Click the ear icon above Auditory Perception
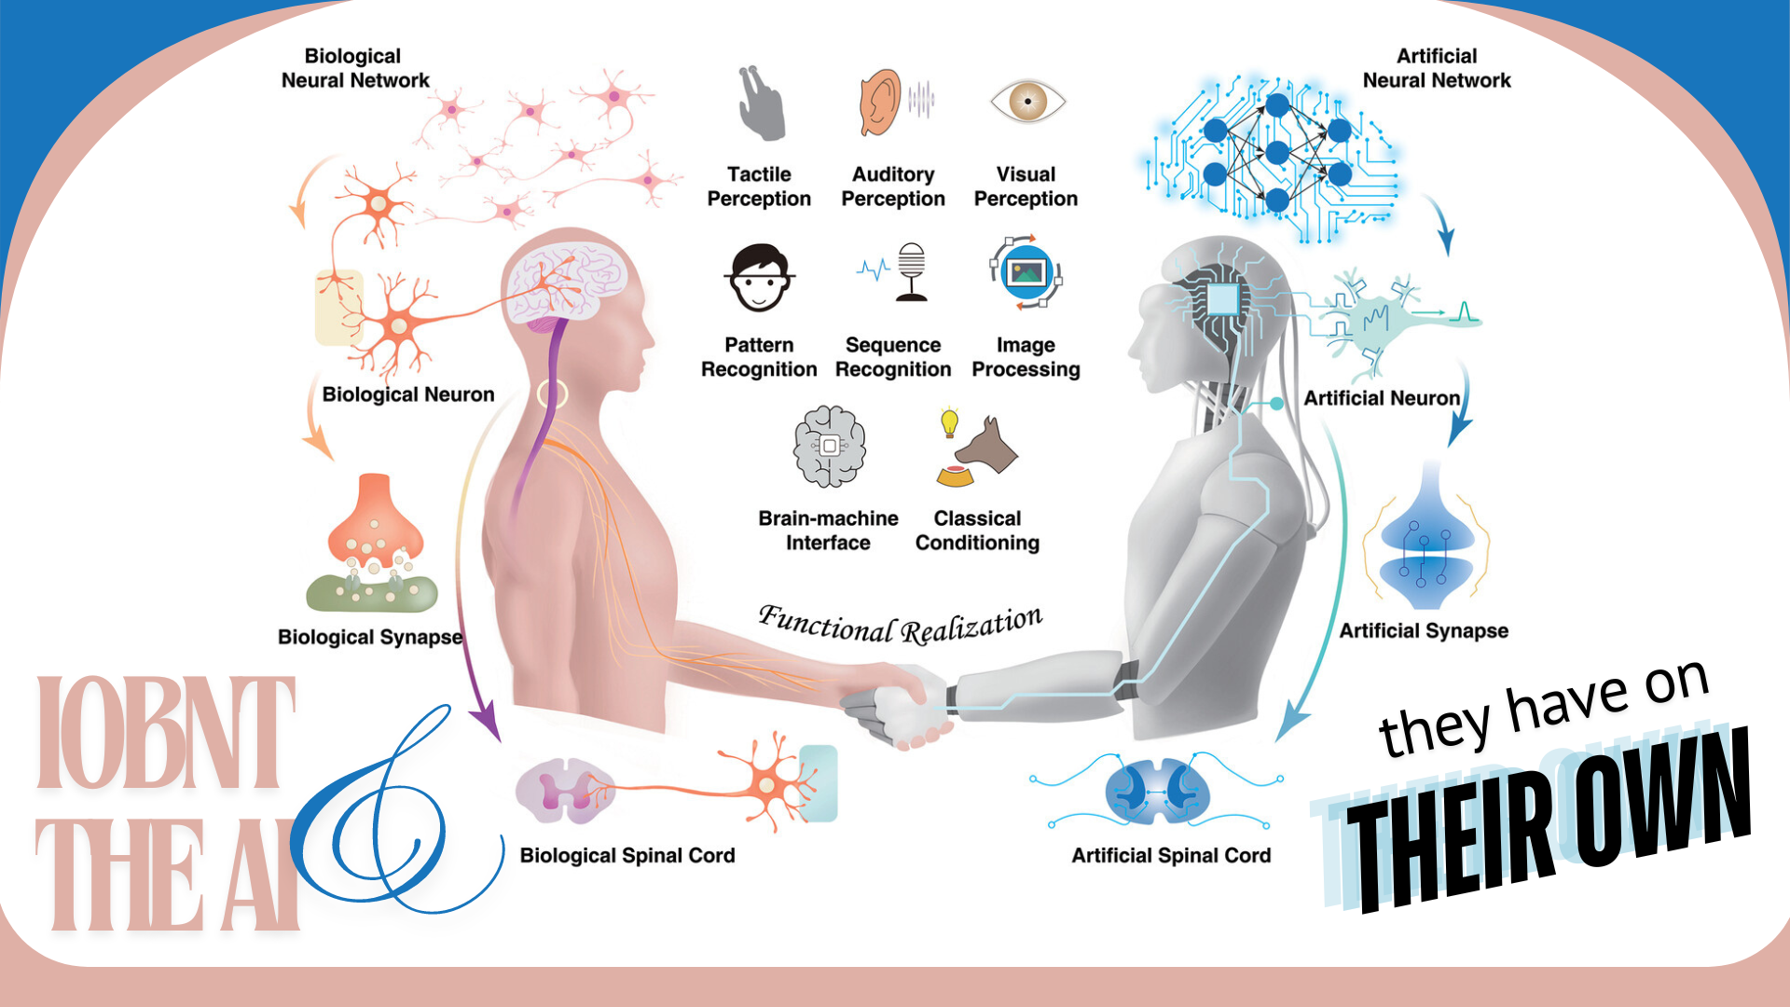point(879,103)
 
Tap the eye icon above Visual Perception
point(1027,101)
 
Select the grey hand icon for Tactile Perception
point(761,104)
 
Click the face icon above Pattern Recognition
point(760,278)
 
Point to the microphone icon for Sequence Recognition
point(911,271)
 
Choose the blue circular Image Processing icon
point(1026,272)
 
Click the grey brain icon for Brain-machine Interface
point(829,447)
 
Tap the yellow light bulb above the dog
point(949,421)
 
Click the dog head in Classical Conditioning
point(990,446)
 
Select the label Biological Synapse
point(370,637)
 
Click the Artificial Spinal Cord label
point(1171,855)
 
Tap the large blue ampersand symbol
point(392,821)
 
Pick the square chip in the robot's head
point(1221,300)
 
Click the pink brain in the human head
point(571,281)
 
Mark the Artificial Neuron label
point(1382,398)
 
